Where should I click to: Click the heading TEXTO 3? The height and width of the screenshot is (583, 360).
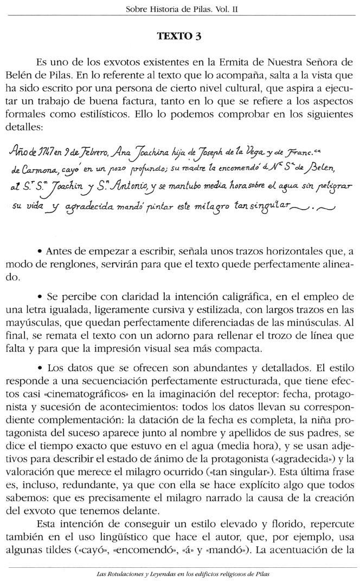point(179,36)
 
